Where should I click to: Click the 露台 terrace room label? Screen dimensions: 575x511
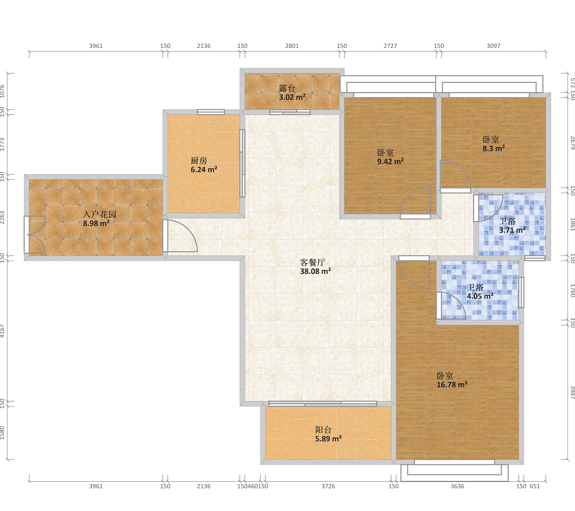[x=287, y=89]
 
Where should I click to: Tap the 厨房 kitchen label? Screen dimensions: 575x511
[x=199, y=161]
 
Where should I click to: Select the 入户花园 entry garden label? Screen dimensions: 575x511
[x=100, y=215]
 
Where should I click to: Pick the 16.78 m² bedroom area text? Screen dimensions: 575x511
[x=452, y=384]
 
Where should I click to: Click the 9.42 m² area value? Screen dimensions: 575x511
[x=390, y=161]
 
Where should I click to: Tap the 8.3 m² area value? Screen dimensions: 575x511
[x=494, y=148]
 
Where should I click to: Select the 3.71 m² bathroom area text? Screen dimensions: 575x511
[x=512, y=230]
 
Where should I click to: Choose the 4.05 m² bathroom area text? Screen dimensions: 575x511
[x=480, y=296]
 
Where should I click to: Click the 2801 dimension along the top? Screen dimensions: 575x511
[x=292, y=46]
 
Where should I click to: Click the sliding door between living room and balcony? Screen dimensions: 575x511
[x=323, y=404]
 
